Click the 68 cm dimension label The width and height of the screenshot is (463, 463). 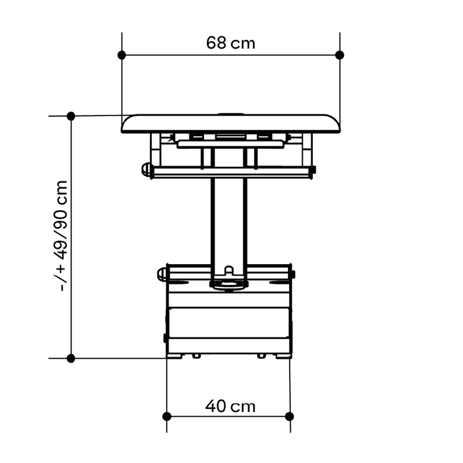click(x=230, y=43)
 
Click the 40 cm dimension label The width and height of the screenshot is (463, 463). click(x=230, y=406)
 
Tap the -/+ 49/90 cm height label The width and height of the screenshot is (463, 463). click(x=62, y=236)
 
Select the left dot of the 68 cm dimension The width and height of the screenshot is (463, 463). click(x=122, y=55)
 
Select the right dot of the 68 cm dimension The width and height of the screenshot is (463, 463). click(x=340, y=55)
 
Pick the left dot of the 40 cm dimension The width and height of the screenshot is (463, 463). click(x=167, y=416)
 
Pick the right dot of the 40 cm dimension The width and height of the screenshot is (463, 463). click(x=290, y=416)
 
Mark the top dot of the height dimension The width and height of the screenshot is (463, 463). click(x=71, y=116)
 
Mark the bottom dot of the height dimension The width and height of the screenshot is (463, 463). click(x=71, y=359)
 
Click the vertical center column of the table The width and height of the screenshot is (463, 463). click(x=229, y=224)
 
